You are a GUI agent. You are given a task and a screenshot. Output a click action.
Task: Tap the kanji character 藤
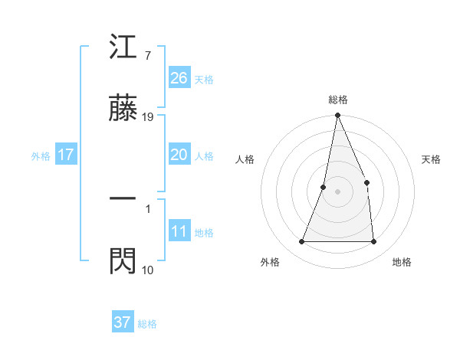coord(123,110)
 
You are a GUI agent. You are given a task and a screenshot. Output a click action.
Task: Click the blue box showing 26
coord(179,78)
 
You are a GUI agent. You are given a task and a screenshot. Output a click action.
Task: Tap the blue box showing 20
coord(179,155)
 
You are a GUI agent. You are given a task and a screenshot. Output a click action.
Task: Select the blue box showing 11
coord(179,231)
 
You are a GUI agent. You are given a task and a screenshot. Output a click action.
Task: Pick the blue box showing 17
coord(66,155)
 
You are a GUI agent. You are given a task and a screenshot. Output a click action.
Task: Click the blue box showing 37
coord(123,322)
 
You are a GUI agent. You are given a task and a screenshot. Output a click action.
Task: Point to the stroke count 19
coord(149,117)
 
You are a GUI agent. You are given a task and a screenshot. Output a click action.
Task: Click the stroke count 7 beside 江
coord(147,55)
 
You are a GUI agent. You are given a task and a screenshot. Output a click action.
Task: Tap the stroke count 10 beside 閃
coord(148,270)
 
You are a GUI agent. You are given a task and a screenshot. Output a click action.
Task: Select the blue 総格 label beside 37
coord(147,324)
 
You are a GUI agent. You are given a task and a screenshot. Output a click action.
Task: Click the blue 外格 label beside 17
coord(41,156)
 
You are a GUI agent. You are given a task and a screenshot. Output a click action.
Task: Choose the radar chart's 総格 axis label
coord(338,100)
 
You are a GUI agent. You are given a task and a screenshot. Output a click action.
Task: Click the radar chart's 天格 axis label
coord(432,159)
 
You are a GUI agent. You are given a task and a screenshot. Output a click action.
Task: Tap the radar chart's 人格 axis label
coord(245,159)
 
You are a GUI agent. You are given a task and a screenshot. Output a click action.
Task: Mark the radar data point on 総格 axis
coord(338,116)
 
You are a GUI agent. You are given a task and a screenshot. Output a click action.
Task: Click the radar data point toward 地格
coord(374,242)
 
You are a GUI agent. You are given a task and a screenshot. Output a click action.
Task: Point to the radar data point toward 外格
coord(302,242)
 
